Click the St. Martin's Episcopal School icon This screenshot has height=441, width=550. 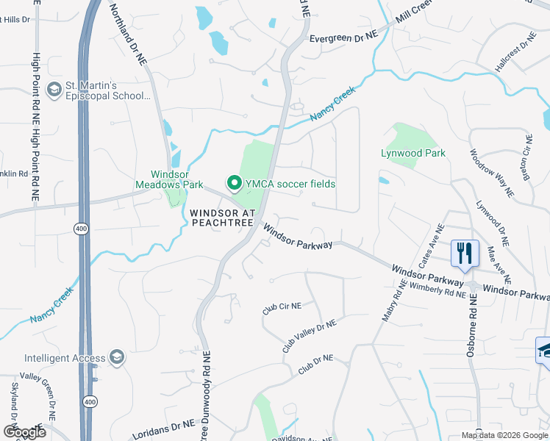coord(54,90)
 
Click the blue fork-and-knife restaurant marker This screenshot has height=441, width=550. coord(464,254)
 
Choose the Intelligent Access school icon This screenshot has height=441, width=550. coord(115,358)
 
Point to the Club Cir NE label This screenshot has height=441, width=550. coord(282,306)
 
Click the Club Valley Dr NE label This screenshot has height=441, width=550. coord(309,335)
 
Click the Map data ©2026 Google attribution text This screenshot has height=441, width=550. coord(504,435)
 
